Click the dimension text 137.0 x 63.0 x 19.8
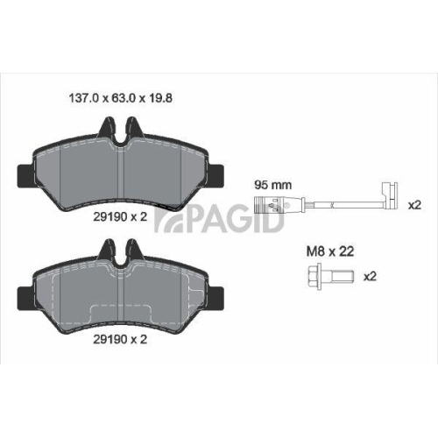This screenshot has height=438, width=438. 121,98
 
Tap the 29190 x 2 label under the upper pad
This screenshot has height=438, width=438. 120,216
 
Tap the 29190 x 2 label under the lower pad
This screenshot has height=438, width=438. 120,339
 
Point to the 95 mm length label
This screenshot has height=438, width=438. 273,185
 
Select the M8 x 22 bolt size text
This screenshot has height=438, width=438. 330,251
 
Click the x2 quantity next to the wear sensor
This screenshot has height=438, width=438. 414,205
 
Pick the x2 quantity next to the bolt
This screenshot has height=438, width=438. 370,276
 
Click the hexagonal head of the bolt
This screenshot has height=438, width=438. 315,276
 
